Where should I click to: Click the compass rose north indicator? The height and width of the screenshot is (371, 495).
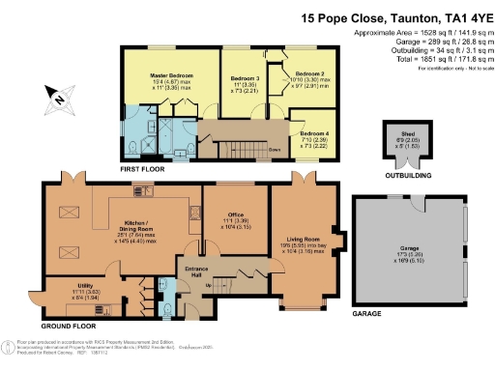click(59, 97)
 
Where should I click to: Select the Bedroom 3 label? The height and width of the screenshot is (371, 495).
click(245, 77)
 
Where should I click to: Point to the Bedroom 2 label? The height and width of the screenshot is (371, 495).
click(308, 72)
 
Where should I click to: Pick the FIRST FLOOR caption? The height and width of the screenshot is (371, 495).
click(138, 168)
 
